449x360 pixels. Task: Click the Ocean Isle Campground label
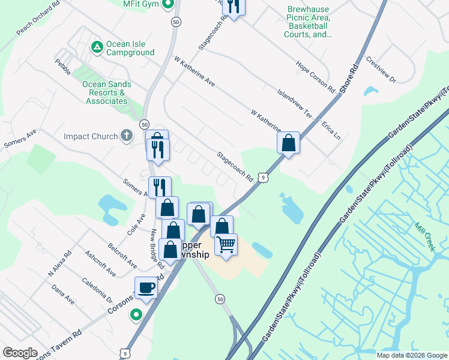point(130,49)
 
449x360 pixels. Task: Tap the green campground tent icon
point(96,46)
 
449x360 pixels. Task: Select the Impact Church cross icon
point(126,136)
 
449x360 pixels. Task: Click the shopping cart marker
point(226,244)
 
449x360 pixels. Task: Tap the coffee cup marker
point(146,288)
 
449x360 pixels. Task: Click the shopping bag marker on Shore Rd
point(288,143)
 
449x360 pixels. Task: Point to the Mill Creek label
point(424,234)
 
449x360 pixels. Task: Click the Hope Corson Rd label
point(315,76)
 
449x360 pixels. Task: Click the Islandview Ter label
point(295,104)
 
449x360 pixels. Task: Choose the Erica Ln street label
point(331,129)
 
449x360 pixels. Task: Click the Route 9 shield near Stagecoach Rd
point(263,177)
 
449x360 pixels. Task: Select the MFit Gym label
point(140,4)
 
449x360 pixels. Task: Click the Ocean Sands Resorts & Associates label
point(106,92)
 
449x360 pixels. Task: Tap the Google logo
point(20,353)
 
